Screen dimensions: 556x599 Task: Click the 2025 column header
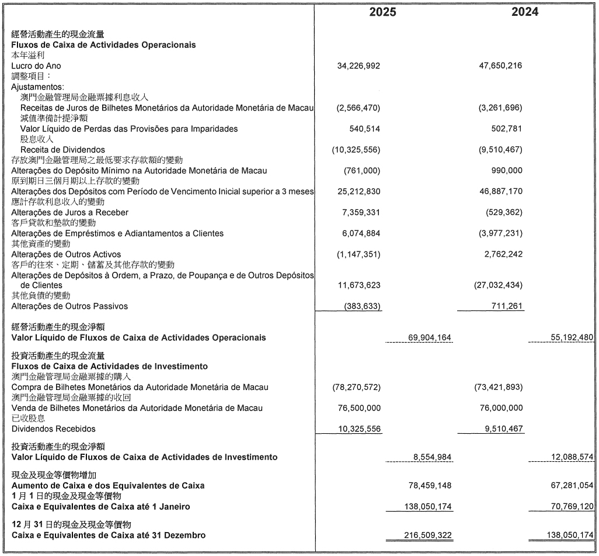382,12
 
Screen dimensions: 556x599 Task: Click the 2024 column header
525,12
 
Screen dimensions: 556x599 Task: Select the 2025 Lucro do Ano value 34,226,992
358,66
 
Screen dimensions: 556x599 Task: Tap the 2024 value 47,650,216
500,66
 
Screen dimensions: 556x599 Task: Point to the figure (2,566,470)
358,108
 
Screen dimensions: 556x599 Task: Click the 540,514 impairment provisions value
364,129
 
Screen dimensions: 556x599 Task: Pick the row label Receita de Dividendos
62,150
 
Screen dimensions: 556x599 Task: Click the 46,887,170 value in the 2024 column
500,191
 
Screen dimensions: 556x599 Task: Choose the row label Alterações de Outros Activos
67,254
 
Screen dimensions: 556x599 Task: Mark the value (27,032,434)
498,285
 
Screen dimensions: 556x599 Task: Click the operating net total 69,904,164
428,337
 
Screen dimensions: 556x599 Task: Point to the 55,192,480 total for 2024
572,337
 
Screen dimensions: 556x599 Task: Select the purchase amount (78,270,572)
356,388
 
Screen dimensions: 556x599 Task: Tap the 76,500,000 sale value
358,407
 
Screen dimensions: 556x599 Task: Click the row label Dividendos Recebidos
54,429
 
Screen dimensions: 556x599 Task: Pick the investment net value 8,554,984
431,457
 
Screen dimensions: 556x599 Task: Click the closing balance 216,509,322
428,535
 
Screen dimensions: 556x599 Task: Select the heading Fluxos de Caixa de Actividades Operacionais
103,45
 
